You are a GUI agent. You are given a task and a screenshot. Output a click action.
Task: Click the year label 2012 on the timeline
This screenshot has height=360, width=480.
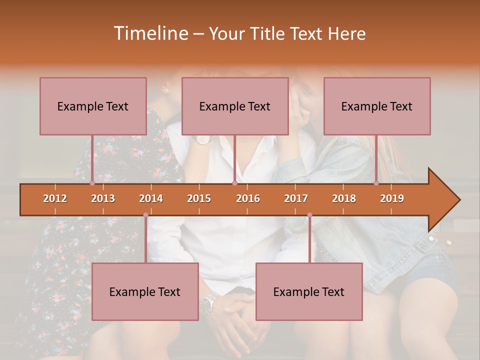pos(55,198)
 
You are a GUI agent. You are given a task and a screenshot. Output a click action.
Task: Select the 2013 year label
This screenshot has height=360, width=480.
pos(103,198)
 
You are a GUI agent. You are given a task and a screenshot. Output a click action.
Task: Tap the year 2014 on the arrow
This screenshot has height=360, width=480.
pos(151,198)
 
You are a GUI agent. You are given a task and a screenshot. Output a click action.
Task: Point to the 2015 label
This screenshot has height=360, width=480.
pos(199,198)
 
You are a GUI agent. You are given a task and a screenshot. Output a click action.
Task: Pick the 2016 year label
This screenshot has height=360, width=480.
pos(248,198)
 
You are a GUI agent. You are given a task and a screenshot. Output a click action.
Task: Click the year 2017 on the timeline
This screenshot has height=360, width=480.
pos(296,198)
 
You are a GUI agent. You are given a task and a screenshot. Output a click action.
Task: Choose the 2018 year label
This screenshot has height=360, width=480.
pos(344,198)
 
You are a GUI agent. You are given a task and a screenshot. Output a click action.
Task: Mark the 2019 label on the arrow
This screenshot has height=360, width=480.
pos(392,198)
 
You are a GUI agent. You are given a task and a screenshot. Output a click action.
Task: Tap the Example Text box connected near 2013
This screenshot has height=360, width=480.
pos(93,106)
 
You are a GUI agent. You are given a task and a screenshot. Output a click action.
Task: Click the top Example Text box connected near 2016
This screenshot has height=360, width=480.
pos(235,106)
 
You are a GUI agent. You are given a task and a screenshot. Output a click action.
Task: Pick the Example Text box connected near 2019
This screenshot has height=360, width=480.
pos(377,106)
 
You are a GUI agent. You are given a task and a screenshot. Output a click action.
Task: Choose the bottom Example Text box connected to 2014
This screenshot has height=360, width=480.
pos(145,291)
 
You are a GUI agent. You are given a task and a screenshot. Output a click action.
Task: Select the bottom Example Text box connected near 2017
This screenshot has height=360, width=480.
pos(309,291)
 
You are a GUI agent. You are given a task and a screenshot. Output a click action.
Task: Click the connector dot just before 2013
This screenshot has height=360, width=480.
pos(92,183)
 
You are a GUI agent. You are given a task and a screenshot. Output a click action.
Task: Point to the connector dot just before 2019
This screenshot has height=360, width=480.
pos(376,183)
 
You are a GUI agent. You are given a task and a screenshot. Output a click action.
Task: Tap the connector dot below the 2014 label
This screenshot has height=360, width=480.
pos(145,215)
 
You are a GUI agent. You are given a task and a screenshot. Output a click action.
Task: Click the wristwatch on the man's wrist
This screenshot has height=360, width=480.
pos(207,301)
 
